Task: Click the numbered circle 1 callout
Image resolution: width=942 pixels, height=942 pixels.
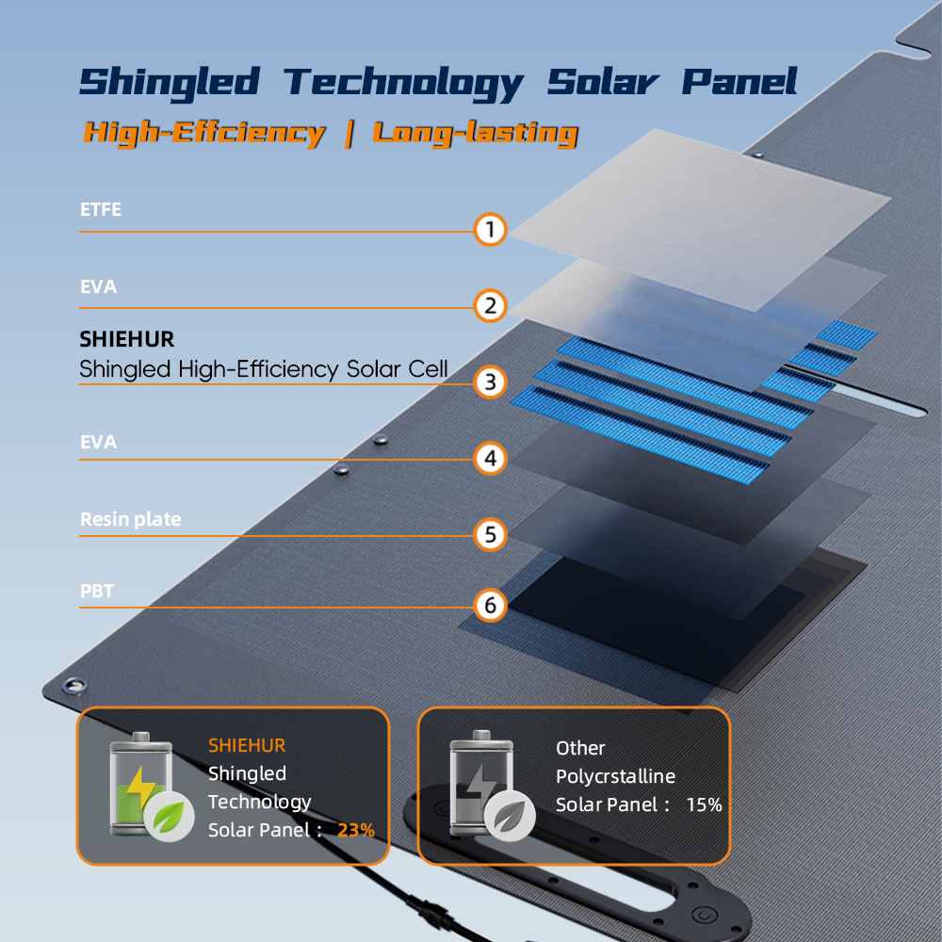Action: [x=490, y=230]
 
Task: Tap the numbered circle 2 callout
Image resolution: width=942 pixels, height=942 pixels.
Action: [x=490, y=306]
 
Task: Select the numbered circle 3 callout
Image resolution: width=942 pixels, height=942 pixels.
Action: [x=490, y=382]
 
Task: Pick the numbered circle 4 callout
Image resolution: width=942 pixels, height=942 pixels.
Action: [x=490, y=459]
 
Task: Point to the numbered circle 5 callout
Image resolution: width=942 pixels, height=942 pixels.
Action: [x=490, y=535]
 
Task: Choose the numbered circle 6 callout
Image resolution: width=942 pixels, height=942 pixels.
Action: [x=490, y=605]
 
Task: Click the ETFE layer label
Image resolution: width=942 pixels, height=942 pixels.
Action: [x=101, y=209]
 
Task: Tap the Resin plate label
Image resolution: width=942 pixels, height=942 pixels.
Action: [x=130, y=519]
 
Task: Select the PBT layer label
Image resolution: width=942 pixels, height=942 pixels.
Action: [x=97, y=591]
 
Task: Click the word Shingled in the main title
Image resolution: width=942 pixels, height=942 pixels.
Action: [x=170, y=83]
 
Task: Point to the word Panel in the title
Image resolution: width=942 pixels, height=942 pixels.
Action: [x=739, y=81]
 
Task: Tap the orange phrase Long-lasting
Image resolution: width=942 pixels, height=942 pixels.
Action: [x=475, y=134]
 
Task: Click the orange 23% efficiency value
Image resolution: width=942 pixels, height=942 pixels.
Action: [x=356, y=830]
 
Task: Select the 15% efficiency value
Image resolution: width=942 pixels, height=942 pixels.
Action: [x=704, y=804]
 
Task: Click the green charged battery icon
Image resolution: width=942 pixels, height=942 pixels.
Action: [x=150, y=786]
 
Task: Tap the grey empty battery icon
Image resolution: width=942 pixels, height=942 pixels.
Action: [x=492, y=785]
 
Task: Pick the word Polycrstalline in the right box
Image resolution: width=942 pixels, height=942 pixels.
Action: [x=615, y=776]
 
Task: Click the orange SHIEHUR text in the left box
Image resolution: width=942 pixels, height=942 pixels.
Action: [x=247, y=745]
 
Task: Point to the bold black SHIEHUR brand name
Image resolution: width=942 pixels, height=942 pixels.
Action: [x=127, y=339]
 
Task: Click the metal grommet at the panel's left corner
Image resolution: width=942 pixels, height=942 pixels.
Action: [x=74, y=686]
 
